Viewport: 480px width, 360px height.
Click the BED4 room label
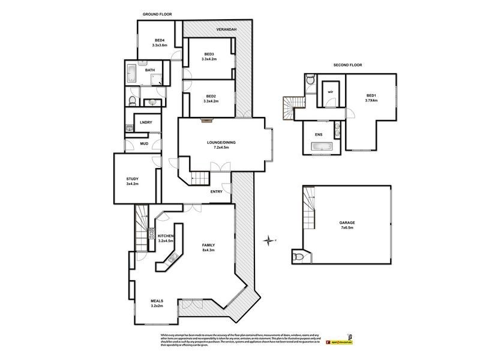(158, 40)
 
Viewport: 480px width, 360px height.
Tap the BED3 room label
(209, 54)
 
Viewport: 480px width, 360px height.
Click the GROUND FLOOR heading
(157, 13)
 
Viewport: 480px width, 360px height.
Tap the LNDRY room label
(146, 122)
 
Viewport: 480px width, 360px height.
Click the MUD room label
(144, 144)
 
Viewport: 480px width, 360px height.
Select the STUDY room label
(133, 179)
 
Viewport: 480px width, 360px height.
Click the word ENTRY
(217, 191)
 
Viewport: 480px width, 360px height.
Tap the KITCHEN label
(165, 236)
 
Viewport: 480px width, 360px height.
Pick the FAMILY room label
(209, 245)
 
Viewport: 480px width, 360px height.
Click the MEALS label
(158, 302)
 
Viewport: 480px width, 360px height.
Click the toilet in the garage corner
(299, 257)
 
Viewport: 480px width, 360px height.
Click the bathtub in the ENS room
(320, 148)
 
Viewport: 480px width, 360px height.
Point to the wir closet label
(330, 92)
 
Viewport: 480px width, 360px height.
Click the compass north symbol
(269, 241)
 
